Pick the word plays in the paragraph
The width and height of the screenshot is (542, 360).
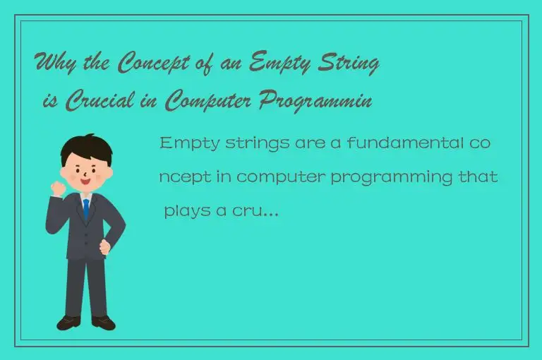185,211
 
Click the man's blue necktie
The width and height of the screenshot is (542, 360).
86,208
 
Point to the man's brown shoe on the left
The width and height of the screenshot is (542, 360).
68,323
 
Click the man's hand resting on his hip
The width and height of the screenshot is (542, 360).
106,248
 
